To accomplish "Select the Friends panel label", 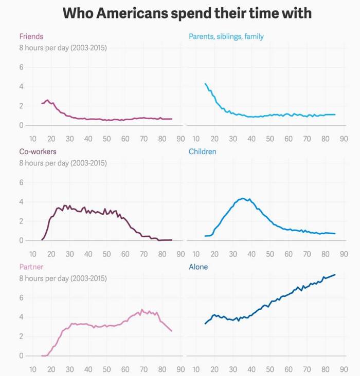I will [x=31, y=36].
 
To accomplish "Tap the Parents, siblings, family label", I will [x=226, y=36].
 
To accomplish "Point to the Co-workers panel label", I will [x=38, y=152].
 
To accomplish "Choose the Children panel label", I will [x=203, y=152].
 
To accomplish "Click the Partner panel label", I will [x=31, y=267].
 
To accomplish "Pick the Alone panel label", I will [x=199, y=267].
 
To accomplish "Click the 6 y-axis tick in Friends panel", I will [x=22, y=67].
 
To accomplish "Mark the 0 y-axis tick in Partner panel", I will [x=22, y=355].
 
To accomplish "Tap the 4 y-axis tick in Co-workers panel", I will [x=22, y=202].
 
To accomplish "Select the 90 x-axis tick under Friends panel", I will [x=181, y=139].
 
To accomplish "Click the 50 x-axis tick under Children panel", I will [x=270, y=254].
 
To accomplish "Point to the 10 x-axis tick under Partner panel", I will [x=32, y=369].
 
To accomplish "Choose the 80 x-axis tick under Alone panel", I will [x=326, y=369].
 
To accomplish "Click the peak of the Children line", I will [x=242, y=198].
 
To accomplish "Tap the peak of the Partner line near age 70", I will [x=142, y=310].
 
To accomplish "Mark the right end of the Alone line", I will [x=335, y=274].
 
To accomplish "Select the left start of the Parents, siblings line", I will [x=205, y=83].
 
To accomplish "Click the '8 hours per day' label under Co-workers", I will [x=63, y=163].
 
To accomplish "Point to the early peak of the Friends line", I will [x=47, y=100].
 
